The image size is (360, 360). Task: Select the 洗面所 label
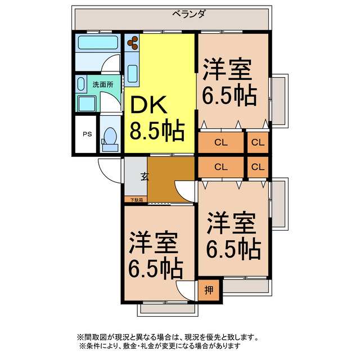coord(102,84)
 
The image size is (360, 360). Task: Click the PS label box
coord(87,134)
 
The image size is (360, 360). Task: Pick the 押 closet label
coord(209,290)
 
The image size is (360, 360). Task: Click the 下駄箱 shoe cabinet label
coord(137,200)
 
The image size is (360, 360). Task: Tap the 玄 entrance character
coord(145,176)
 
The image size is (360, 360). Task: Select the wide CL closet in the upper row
coord(220,142)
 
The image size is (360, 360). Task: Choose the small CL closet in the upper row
coord(258,142)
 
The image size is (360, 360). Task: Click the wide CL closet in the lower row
coord(220,166)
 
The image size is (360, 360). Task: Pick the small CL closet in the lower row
coord(258,166)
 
